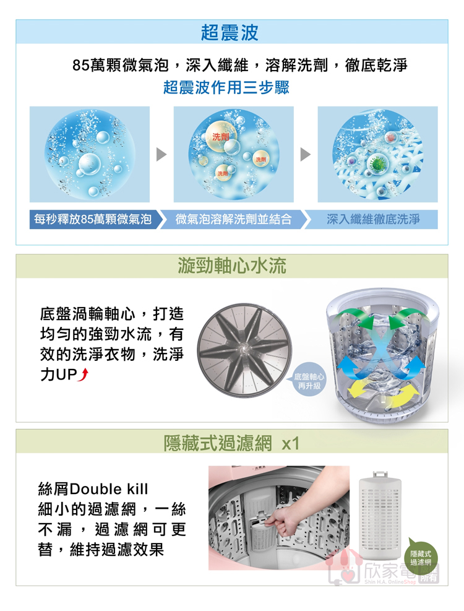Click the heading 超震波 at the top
pos(230,32)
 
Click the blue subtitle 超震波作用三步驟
pos(226,87)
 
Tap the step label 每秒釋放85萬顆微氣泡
pos(93,219)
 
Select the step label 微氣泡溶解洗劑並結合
pos(233,219)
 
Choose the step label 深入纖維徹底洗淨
pos(373,219)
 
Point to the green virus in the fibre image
pos(376,163)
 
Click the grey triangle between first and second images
pos(161,154)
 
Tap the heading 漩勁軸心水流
pos(232,266)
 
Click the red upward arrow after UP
pos(84,375)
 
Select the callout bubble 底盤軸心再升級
pos(309,381)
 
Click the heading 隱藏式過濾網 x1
pos(231,443)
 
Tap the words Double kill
pos(109,488)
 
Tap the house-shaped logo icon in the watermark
pos(343,566)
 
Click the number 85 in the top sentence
pos(81,65)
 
